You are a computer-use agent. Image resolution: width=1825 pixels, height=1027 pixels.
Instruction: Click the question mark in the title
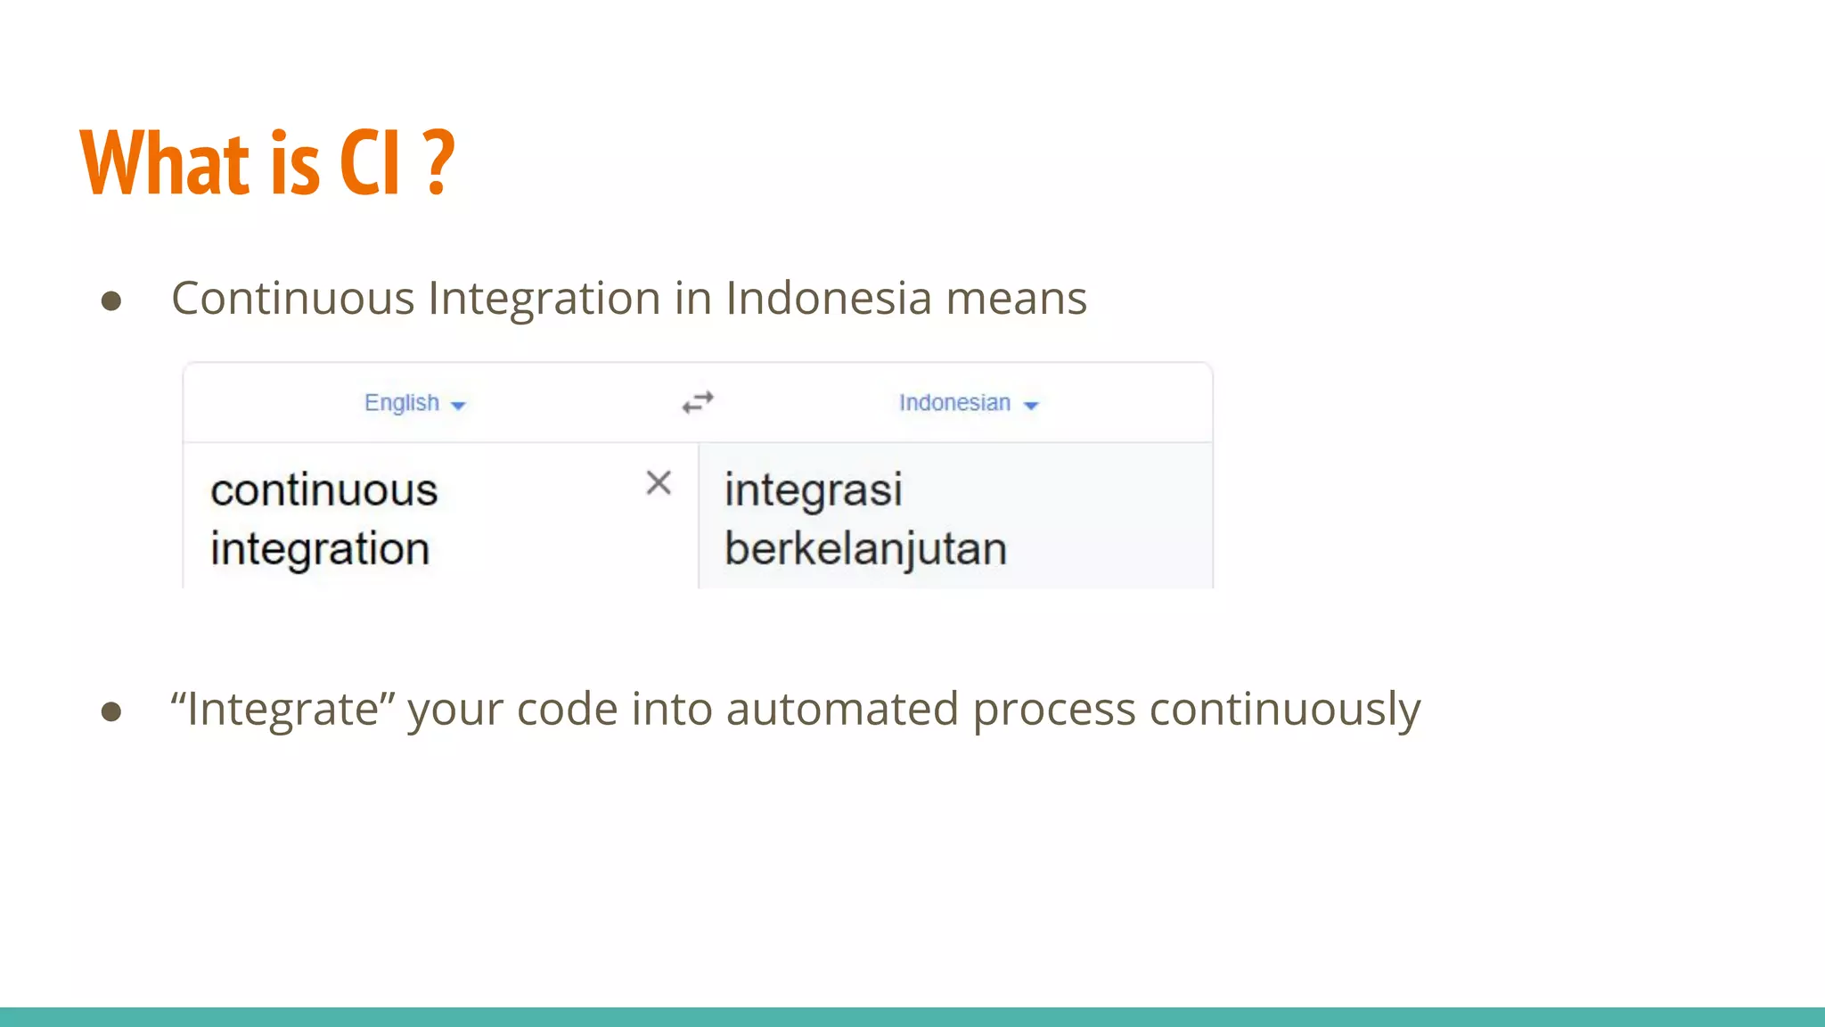click(x=438, y=162)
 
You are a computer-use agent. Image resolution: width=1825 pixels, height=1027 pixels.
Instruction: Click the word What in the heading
click(x=165, y=162)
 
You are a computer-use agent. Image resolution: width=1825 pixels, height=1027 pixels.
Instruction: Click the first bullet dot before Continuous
click(x=111, y=301)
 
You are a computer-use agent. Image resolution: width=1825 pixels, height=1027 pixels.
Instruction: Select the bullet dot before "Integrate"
click(x=111, y=711)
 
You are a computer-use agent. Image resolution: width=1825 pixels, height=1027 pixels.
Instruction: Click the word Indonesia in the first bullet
click(x=829, y=298)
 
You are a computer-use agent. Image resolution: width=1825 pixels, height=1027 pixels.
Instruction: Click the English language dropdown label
click(x=402, y=403)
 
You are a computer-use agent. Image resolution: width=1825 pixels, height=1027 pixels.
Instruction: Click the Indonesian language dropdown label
click(x=954, y=403)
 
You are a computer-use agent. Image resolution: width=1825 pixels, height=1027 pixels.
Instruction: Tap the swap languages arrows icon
click(x=698, y=403)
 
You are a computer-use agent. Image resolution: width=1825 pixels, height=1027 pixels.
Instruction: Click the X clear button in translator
click(x=659, y=483)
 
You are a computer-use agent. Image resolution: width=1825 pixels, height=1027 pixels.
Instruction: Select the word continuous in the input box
click(x=324, y=490)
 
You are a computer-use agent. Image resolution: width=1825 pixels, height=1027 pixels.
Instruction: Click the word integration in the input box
click(x=320, y=549)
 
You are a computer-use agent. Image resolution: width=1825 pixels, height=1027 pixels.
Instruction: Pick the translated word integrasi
click(x=813, y=490)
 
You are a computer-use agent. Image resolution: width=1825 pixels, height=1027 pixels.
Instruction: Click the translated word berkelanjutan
click(x=865, y=549)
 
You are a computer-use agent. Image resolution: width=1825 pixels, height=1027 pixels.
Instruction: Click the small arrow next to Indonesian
click(x=1031, y=406)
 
